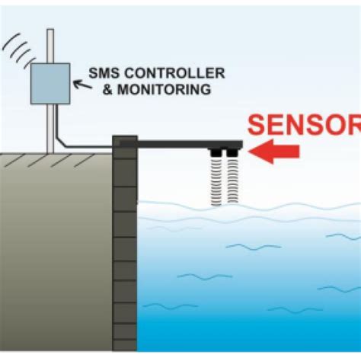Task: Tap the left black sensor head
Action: (215, 154)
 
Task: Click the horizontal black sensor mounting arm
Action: (190, 143)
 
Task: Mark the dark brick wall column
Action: (124, 244)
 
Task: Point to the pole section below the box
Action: (50, 126)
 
